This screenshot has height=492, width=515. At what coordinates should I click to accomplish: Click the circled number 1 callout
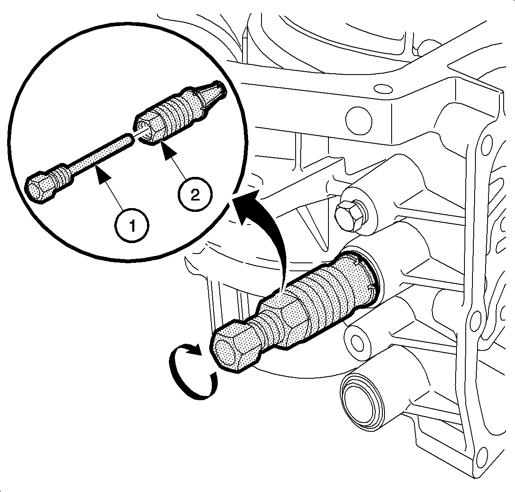(x=132, y=225)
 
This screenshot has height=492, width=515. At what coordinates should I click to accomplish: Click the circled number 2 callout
(x=195, y=195)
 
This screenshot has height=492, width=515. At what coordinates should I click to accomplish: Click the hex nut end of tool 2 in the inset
(x=149, y=127)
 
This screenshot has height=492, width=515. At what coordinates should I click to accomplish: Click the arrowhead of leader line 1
(x=103, y=175)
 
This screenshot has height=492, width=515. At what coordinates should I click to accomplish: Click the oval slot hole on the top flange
(x=383, y=88)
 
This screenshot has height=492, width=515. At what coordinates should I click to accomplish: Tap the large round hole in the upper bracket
(x=359, y=120)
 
